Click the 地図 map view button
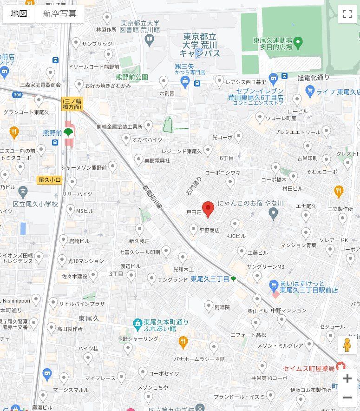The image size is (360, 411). coord(19,13)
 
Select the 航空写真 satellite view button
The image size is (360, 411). coord(59,13)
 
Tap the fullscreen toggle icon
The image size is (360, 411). coord(347,13)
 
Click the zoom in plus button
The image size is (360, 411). coord(347,378)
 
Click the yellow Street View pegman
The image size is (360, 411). coord(347,345)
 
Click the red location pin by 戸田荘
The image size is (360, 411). coord(208,209)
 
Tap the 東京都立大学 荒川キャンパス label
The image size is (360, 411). coord(200,45)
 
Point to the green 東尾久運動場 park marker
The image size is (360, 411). coord(298,43)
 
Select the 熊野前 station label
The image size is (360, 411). coord(52,133)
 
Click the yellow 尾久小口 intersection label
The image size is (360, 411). coord(50,179)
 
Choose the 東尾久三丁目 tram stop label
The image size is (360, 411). coord(210,279)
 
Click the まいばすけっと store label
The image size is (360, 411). coord(309,286)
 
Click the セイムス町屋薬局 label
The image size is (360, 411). coord(309,368)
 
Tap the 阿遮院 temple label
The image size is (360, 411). coord(222,307)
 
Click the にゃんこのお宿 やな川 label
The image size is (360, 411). coord(251,204)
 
